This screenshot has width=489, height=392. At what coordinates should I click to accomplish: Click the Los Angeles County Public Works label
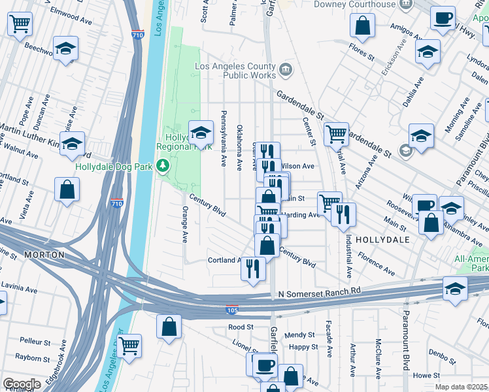pos(235,71)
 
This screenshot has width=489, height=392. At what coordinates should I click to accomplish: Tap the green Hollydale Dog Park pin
pos(163,167)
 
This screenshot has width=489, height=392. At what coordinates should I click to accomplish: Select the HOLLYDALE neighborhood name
pos(382,240)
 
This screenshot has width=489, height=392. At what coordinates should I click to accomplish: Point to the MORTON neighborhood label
pos(44,254)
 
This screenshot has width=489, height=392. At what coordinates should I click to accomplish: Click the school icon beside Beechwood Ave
pos(65,50)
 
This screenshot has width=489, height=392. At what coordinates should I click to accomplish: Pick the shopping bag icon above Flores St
pos(362,27)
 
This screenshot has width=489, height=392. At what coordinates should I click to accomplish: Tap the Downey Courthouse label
pos(355,5)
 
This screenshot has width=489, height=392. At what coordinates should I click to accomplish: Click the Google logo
pos(22,384)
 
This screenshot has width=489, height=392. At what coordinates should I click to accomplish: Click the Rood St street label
pos(241,327)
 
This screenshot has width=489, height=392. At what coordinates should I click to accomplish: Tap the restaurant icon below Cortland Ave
pos(254,269)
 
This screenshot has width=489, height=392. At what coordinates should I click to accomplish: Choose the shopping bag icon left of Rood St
pos(169,327)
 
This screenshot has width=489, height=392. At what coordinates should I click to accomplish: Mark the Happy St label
pos(303,347)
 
